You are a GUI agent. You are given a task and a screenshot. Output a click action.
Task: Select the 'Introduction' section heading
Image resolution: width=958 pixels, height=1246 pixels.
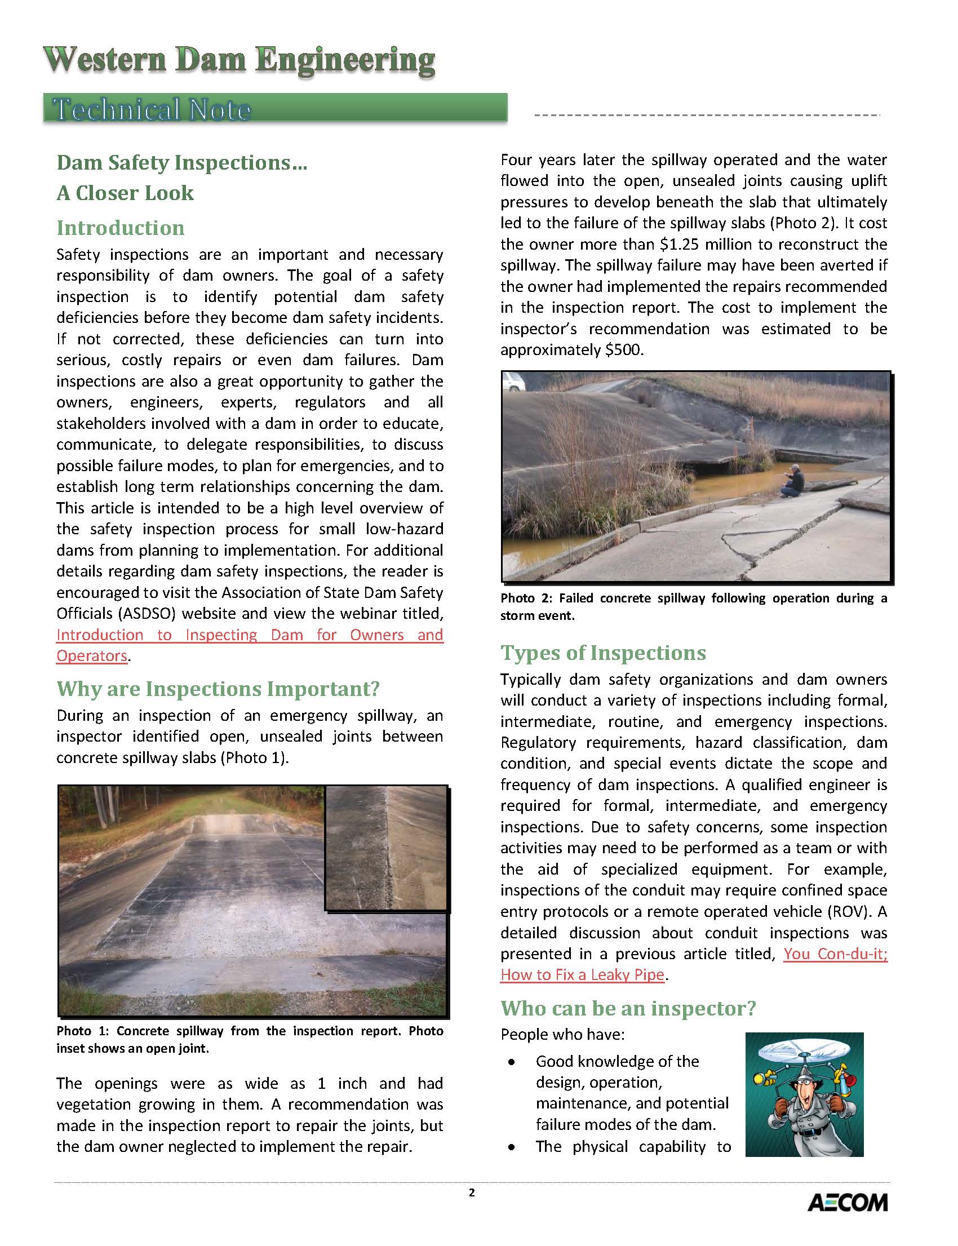[x=121, y=228]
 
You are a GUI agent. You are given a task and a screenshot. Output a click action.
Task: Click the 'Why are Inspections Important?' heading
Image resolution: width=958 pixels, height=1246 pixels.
[x=218, y=689]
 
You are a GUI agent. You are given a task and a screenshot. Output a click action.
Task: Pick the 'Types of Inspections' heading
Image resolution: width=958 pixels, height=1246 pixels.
[x=603, y=653]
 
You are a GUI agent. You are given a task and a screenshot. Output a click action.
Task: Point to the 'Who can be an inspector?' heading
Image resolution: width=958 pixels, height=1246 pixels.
[x=628, y=1008]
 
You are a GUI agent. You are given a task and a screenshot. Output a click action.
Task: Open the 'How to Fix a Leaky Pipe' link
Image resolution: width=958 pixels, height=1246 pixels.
[x=582, y=974]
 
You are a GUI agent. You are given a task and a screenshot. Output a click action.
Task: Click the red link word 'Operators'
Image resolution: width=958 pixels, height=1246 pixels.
[x=91, y=656]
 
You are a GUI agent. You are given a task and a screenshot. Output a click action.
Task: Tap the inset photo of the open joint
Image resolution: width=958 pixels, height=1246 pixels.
[x=386, y=847]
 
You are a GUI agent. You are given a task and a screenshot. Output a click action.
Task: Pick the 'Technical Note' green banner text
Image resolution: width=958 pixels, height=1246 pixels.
[x=151, y=109]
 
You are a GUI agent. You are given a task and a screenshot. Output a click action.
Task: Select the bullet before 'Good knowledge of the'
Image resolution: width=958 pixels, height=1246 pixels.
[x=512, y=1062]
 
